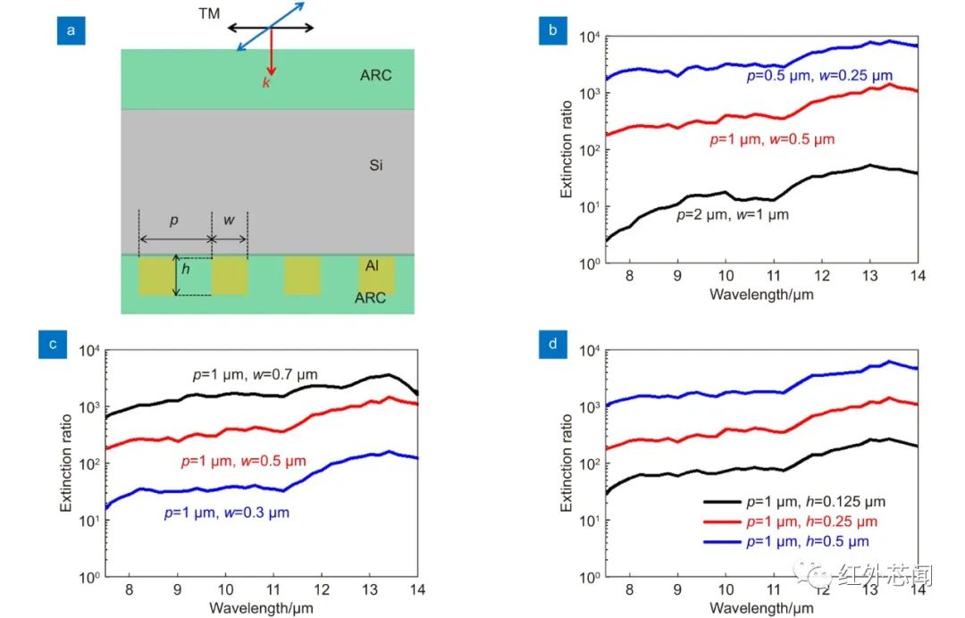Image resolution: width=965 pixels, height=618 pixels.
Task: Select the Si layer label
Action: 375,165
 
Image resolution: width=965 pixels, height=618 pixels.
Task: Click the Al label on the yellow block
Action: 373,265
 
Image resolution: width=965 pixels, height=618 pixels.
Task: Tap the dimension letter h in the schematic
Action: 186,267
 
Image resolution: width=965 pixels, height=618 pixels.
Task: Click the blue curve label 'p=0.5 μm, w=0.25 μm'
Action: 819,77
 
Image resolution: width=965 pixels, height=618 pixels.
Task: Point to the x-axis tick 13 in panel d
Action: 869,590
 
